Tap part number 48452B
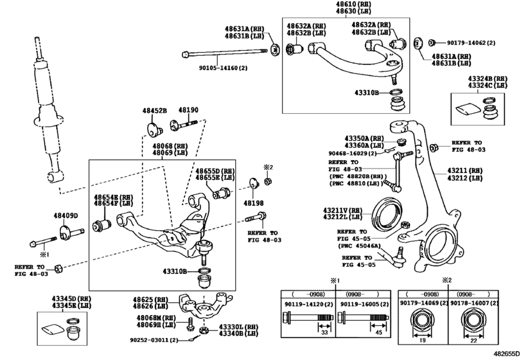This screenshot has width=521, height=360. pos(155,111)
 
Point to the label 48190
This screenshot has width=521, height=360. pos(188,111)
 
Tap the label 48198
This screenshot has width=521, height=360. pos(253,203)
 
